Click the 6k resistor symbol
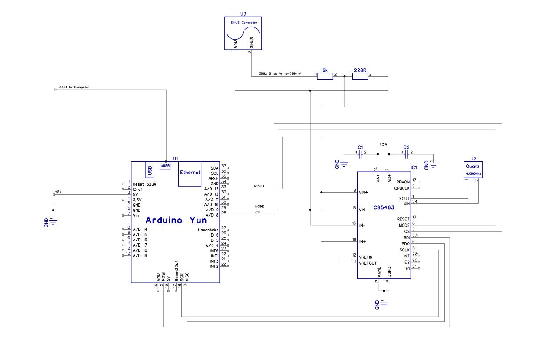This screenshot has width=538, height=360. pos(325,77)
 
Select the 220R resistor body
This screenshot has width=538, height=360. pos(360,77)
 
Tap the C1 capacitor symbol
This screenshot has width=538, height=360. pos(360,155)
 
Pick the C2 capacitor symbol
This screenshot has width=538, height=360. pos(406,155)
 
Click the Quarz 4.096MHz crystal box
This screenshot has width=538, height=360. pos(473,170)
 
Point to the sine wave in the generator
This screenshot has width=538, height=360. pos(243,33)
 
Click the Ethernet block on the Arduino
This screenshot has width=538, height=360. pos(190,173)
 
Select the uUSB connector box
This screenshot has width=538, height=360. pos(165,166)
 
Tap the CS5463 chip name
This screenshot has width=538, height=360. pos(384,207)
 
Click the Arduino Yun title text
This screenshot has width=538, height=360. pos(176,220)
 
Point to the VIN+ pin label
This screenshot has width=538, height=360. pos(363,192)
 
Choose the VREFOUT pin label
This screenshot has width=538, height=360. pos(368,263)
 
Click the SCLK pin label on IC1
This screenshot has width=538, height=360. pos(404,250)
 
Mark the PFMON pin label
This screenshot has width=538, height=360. pos(403,182)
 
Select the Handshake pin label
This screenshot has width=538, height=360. pos(208,230)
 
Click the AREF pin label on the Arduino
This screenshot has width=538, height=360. pos(214,178)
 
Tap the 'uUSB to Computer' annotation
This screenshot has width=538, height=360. pos(74,87)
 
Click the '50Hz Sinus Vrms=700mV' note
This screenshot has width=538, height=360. pos(280,74)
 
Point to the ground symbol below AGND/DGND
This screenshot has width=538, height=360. pos(384,304)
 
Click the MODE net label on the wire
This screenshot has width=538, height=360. pos(259,207)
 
